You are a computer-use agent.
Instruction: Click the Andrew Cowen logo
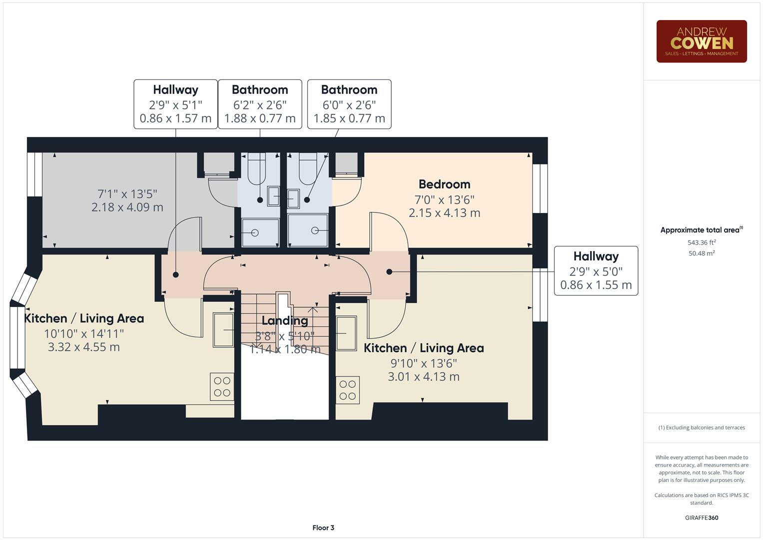[x=701, y=41]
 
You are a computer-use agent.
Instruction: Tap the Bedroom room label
[x=444, y=184]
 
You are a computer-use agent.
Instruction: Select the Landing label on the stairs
[x=285, y=320]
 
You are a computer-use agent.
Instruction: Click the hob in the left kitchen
[x=222, y=386]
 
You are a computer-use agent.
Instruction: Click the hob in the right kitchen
[x=347, y=390]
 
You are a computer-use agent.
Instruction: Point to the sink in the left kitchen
[x=223, y=329]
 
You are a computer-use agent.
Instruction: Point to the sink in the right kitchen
[x=346, y=333]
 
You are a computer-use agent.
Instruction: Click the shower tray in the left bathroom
[x=260, y=232]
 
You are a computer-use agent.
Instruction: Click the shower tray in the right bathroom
[x=308, y=230]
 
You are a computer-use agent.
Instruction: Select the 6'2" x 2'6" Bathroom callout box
[x=260, y=104]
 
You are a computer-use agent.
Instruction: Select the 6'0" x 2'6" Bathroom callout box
[x=349, y=104]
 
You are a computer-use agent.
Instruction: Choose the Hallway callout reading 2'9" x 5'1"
[x=175, y=104]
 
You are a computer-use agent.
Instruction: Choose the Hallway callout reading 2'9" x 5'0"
[x=596, y=270]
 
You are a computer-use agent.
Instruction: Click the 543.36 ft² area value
[x=702, y=242]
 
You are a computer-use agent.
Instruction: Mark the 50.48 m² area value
[x=702, y=253]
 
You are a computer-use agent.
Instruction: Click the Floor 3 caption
[x=323, y=527]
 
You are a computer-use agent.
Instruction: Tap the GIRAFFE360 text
[x=702, y=517]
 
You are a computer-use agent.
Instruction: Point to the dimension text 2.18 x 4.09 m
[x=127, y=207]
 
